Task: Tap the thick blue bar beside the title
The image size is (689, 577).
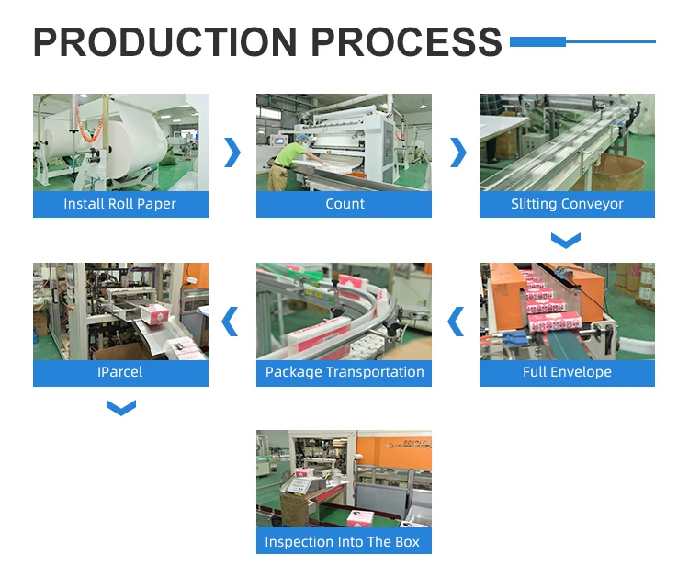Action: coord(537,41)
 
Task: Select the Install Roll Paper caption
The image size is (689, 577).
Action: coord(120,204)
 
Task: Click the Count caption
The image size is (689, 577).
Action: coord(344,204)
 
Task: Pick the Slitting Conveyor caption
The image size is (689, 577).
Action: coord(567,204)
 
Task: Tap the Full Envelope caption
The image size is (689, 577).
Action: coord(567,372)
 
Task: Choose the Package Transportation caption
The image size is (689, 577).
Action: coord(344,372)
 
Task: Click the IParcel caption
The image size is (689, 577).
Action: coord(120,372)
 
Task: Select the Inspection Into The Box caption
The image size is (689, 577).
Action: coord(343,541)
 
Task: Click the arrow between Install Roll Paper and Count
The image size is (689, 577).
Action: coord(232,153)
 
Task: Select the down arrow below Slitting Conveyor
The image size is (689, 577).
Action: coord(566,241)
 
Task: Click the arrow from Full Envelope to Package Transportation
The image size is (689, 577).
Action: coord(456,322)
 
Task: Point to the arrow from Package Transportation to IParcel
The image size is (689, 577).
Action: coord(232,322)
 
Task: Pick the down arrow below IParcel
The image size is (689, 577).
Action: coord(120,407)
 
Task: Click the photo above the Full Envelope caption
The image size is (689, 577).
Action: coord(567,311)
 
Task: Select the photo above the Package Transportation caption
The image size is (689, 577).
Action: coord(344,311)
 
